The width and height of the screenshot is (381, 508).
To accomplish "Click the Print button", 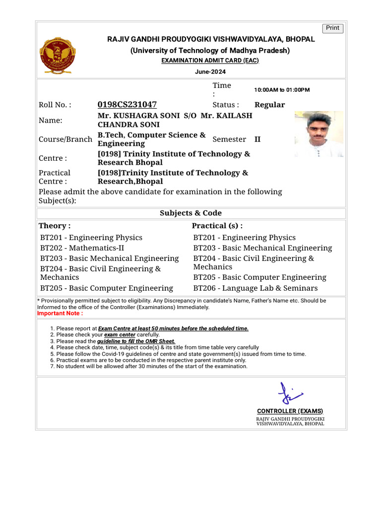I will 332,28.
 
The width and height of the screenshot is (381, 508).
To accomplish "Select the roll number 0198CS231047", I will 127,105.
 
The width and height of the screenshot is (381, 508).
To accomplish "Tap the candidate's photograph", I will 318,134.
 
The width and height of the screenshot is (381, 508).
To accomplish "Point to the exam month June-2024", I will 210,72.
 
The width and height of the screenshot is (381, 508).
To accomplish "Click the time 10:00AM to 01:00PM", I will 282,90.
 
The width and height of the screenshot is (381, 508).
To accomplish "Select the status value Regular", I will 269,105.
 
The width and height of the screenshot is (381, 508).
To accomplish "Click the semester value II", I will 257,139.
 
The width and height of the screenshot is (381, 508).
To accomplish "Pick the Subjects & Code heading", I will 190,213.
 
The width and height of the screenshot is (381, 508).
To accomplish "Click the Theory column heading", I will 55,226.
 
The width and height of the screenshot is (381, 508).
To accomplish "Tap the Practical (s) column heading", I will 217,226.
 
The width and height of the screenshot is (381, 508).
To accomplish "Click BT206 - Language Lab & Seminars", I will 255,288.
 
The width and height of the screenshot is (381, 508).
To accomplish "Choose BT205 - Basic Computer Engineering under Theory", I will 107,288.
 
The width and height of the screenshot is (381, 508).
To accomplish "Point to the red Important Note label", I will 61,314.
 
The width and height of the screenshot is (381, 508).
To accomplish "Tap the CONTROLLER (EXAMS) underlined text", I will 290,411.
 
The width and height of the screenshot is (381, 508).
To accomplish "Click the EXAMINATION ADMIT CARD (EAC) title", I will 210,61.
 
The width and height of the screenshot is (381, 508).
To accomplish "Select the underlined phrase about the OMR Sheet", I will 136,341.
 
